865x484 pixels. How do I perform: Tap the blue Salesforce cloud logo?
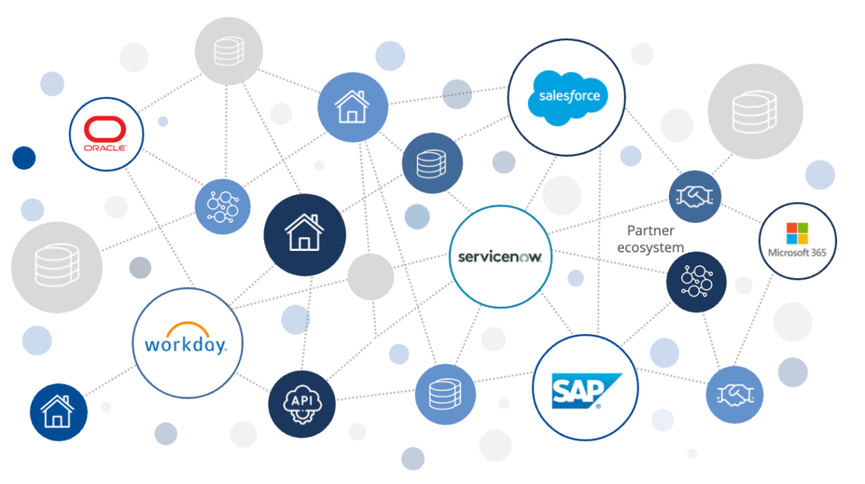pos(569,97)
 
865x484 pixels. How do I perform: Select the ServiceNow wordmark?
pos(500,256)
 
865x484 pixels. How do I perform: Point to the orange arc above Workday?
pos(187,329)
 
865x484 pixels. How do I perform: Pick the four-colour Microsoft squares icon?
pos(797,233)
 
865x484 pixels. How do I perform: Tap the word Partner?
pos(651,231)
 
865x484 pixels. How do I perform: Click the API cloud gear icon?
pos(301,403)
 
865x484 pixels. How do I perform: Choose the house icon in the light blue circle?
pos(352,107)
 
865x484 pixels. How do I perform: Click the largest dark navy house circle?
pos(304,234)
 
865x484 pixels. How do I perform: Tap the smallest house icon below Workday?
pos(58,413)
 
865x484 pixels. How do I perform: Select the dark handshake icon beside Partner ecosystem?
pos(695,196)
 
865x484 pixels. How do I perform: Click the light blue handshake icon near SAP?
pos(734,394)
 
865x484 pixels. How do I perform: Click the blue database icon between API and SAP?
pos(445,394)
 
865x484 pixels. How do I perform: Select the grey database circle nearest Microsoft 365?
pos(755,111)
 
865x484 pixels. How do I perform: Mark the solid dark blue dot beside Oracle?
pos(24,158)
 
